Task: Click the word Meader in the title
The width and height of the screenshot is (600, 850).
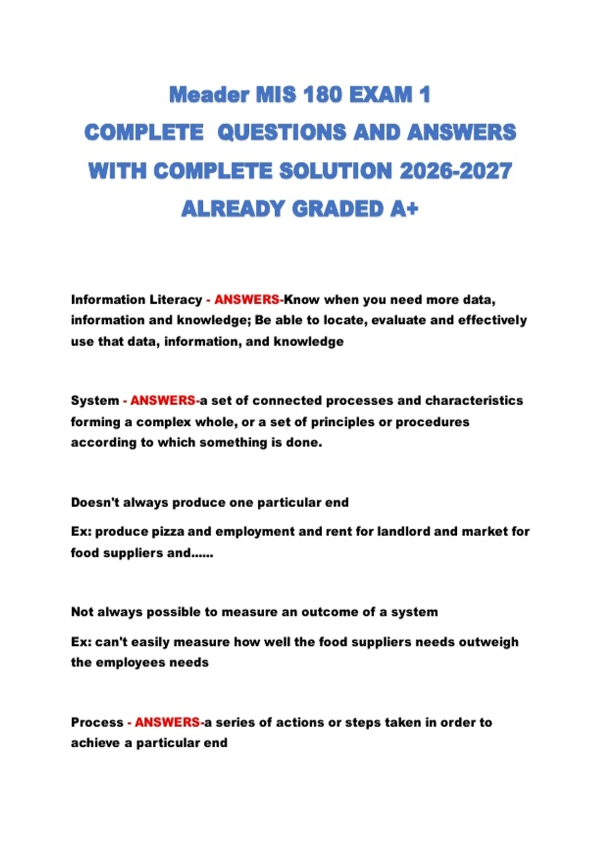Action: coord(209,95)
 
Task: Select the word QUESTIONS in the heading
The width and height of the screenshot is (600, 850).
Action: coord(281,132)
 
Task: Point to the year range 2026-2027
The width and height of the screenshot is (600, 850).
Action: coord(455,171)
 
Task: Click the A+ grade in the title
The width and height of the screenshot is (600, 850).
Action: coord(404,209)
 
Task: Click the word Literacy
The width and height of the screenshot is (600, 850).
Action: coord(178,299)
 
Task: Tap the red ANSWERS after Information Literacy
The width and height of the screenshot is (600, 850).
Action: coord(247,299)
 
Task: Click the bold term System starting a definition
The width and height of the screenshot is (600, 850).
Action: coord(94,400)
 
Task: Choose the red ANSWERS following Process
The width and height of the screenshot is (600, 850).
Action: coord(167,722)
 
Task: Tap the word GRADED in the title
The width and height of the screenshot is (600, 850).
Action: coord(337,209)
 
